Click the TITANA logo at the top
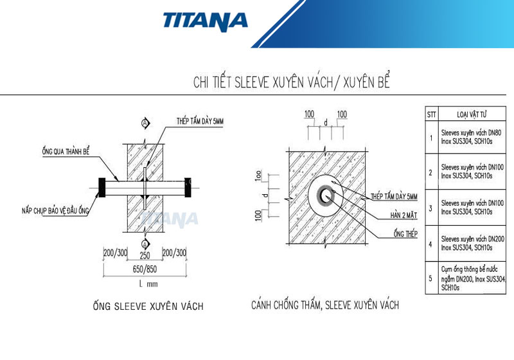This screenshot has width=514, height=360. click(x=205, y=21)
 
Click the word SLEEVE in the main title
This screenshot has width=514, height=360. click(x=256, y=83)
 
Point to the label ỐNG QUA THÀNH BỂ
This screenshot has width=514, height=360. click(x=66, y=150)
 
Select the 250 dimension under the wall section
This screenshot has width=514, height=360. click(x=145, y=255)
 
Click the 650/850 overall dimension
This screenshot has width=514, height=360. click(x=145, y=269)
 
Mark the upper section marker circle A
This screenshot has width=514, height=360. click(x=145, y=122)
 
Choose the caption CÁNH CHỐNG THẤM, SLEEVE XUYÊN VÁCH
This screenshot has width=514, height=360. click(x=324, y=305)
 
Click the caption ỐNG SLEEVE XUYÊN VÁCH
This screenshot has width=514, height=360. click(x=148, y=307)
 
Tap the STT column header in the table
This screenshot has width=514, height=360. click(x=432, y=114)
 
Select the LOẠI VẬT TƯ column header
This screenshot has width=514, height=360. click(x=472, y=114)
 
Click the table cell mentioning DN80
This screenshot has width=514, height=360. click(x=472, y=136)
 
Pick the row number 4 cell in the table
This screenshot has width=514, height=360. click(x=431, y=243)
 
